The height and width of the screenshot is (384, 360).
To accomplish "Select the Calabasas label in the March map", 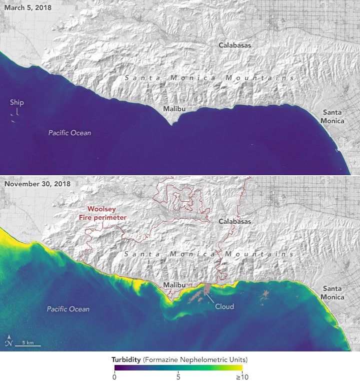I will click(x=234, y=45).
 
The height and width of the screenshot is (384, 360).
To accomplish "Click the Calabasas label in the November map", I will click(x=234, y=221).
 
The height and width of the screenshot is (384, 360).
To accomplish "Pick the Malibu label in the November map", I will click(x=175, y=285).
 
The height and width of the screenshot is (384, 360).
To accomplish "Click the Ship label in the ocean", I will click(x=16, y=103).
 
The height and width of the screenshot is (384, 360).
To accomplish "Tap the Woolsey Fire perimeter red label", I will click(x=106, y=213).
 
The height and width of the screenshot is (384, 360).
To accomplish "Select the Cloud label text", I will click(x=224, y=306).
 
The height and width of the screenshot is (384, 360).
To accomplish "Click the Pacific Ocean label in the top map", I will click(x=69, y=133).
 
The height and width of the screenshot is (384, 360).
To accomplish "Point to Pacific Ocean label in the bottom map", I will click(x=68, y=309).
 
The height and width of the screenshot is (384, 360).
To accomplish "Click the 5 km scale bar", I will click(x=27, y=344).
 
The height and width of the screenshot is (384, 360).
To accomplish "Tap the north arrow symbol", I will click(x=8, y=340).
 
